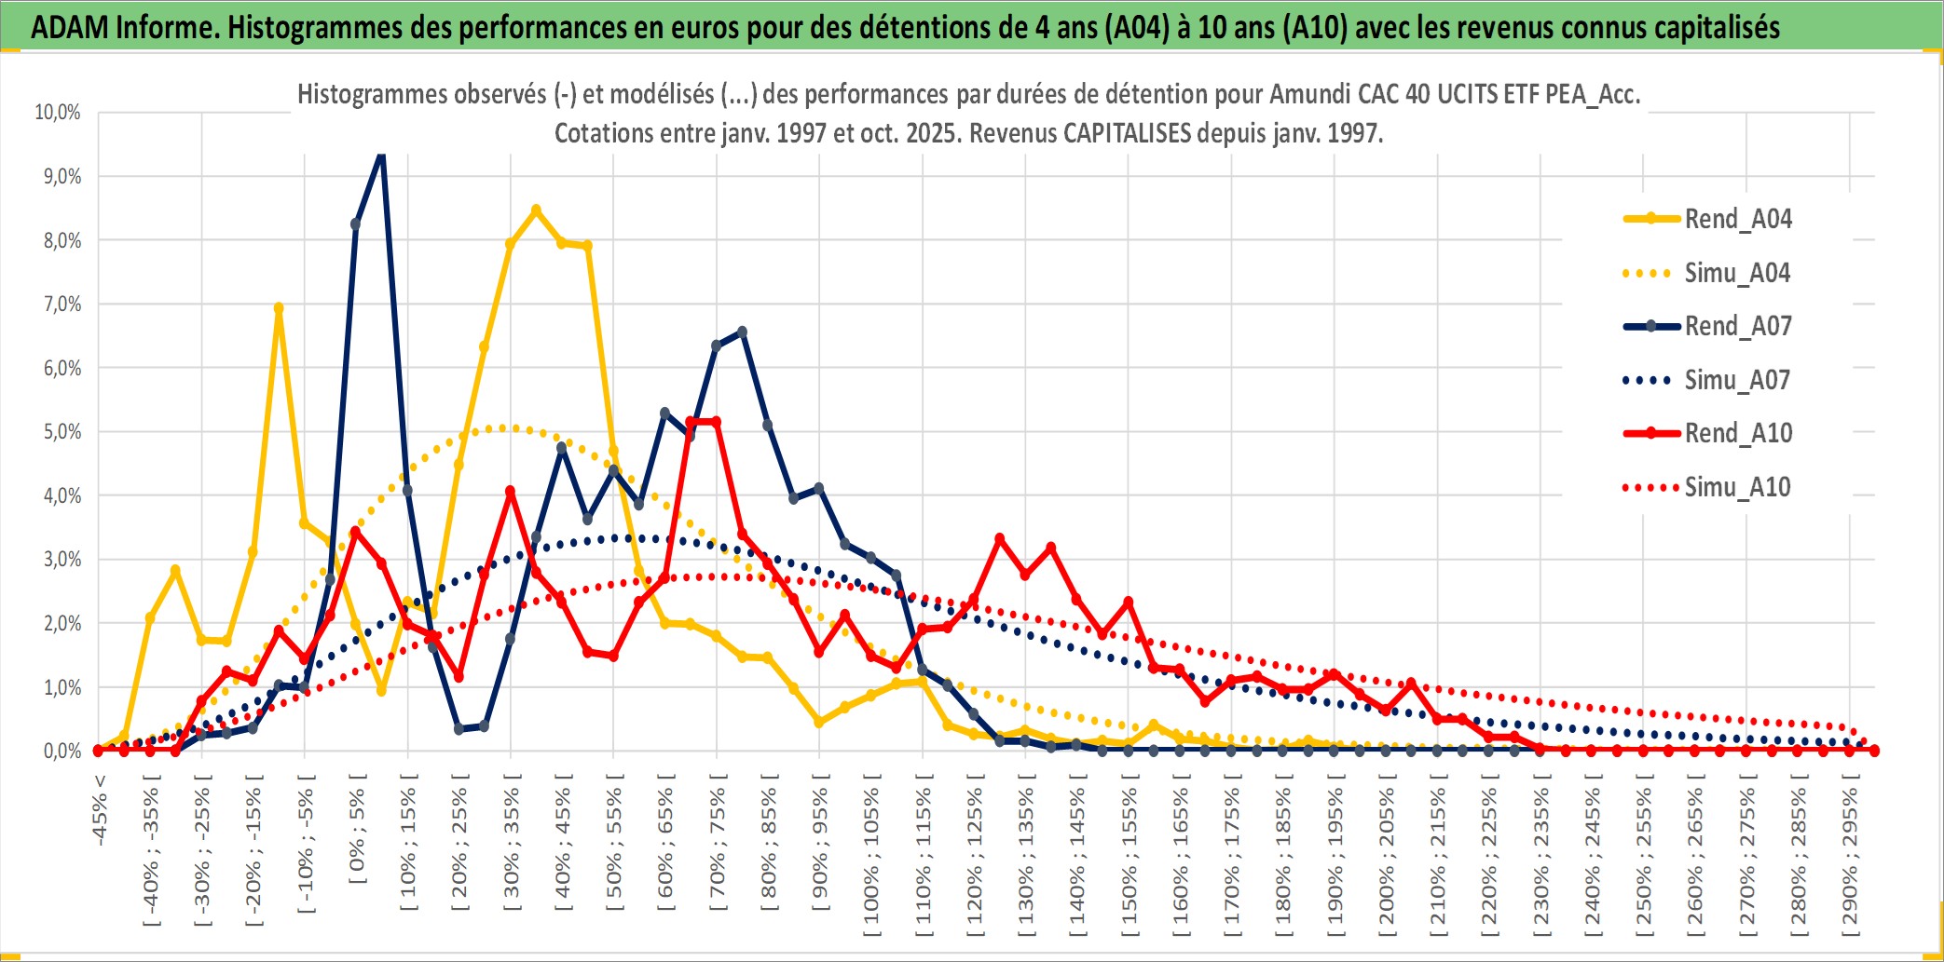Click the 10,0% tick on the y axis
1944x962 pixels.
coord(58,113)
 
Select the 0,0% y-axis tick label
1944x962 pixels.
coord(62,751)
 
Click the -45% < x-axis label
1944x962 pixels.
coord(100,810)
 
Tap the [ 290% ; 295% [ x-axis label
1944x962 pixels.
coord(1851,857)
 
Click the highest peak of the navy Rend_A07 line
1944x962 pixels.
coord(381,155)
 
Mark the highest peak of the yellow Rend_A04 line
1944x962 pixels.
coord(536,210)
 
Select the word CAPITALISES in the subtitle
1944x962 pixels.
coord(1127,133)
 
